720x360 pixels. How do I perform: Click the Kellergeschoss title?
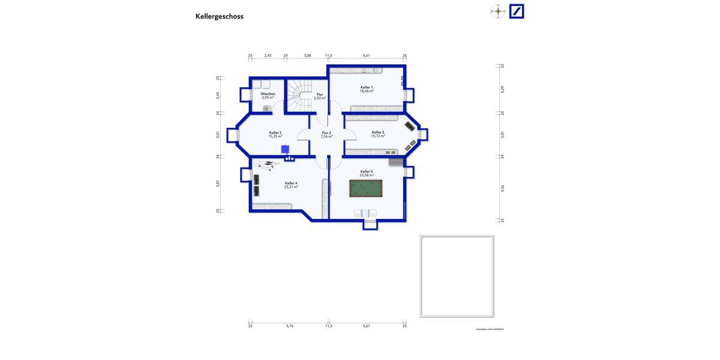219,16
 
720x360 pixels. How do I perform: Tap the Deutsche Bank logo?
517,11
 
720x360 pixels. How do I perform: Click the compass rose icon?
497,11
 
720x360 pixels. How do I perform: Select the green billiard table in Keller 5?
365,188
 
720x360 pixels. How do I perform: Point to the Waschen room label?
268,94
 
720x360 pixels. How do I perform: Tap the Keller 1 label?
367,87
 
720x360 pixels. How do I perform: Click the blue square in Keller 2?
285,149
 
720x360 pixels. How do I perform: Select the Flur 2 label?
326,133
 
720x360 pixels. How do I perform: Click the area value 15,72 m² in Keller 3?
377,136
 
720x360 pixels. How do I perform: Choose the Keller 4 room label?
291,183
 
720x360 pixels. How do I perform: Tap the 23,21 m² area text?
291,187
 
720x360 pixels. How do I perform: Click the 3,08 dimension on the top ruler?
307,55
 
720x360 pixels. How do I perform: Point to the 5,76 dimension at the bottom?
290,326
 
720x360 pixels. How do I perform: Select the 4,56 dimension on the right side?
503,188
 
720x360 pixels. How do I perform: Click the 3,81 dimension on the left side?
218,184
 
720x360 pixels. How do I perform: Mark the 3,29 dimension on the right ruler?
503,89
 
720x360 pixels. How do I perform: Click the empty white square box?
457,276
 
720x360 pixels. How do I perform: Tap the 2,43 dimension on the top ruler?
268,55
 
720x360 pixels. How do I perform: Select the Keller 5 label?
367,171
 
